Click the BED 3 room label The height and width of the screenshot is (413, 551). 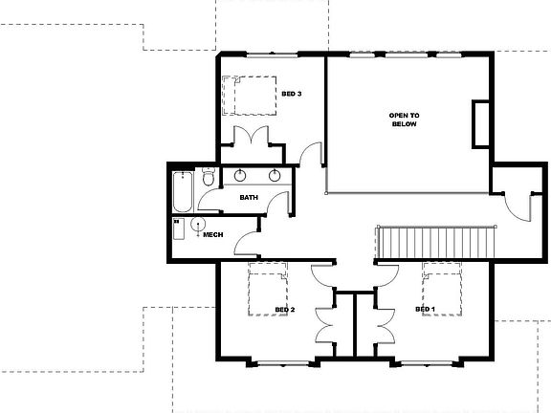pyautogui.click(x=292, y=94)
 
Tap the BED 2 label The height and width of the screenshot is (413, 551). pyautogui.click(x=284, y=310)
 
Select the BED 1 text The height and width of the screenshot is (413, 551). pyautogui.click(x=425, y=310)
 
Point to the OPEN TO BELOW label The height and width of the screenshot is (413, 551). pyautogui.click(x=404, y=120)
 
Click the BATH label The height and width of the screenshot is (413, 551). pyautogui.click(x=249, y=198)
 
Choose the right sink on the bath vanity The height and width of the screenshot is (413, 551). pyautogui.click(x=275, y=176)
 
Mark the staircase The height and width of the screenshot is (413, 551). pyautogui.click(x=435, y=239)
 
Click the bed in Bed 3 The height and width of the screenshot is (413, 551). pyautogui.click(x=247, y=95)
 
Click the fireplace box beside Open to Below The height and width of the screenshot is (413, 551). pyautogui.click(x=479, y=122)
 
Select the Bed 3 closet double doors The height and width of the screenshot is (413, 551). pyautogui.click(x=250, y=134)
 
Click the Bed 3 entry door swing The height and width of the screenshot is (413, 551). pyautogui.click(x=308, y=154)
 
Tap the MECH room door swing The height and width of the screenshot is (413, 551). pyautogui.click(x=246, y=242)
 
